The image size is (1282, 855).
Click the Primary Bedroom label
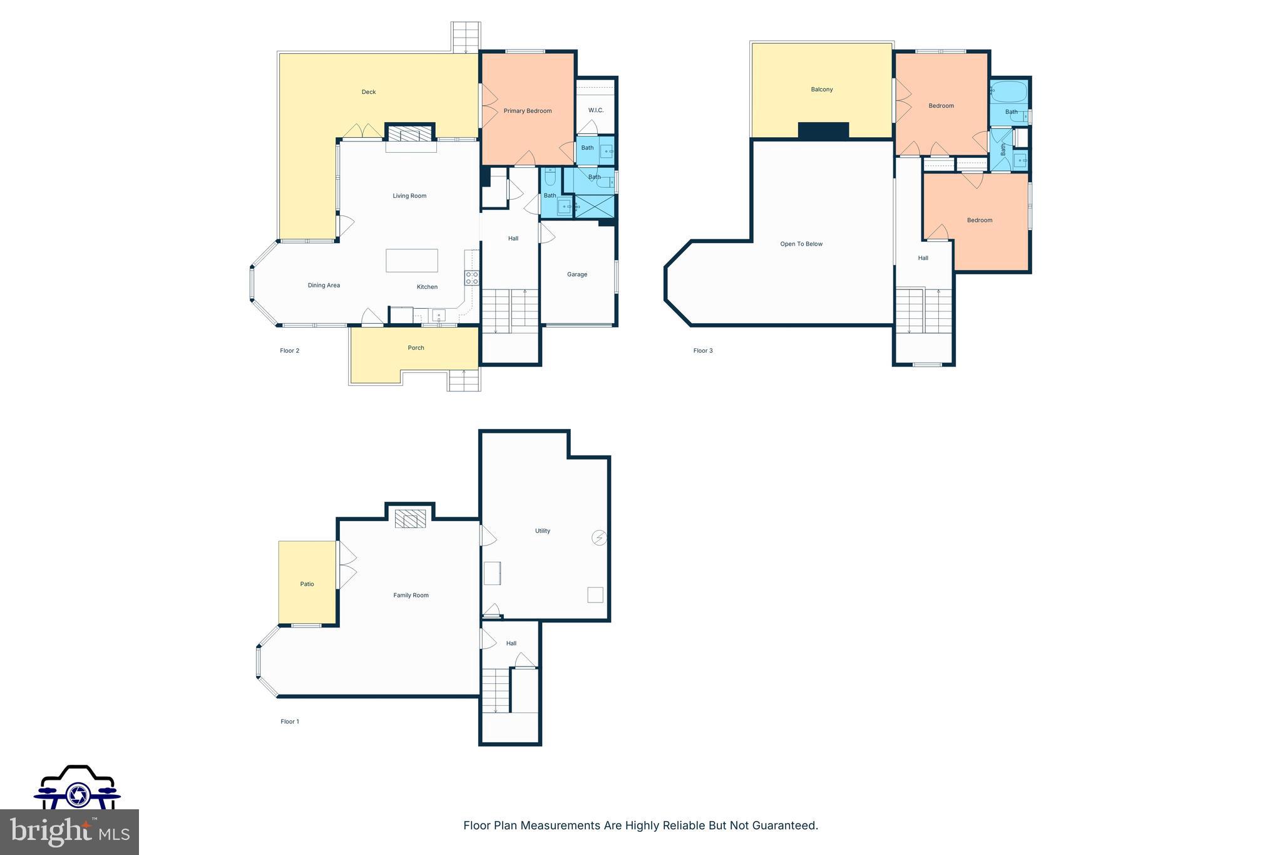(528, 111)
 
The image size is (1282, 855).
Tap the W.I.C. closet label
(596, 110)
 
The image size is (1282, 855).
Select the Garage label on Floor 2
(577, 274)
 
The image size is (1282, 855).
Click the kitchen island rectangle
(411, 260)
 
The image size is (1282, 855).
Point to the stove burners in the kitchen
(472, 278)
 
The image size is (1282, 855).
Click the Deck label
(369, 92)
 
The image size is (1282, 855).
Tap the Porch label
(416, 348)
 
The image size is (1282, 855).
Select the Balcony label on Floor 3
(822, 90)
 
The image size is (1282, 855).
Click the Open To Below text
(801, 244)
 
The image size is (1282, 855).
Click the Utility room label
(543, 531)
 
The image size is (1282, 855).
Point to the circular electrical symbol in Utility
(600, 537)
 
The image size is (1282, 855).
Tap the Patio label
(307, 584)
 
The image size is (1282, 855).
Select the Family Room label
(411, 595)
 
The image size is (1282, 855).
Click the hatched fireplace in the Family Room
(411, 519)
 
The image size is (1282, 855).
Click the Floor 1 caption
(290, 722)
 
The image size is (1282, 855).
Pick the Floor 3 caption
(703, 351)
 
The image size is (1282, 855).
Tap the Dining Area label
(324, 286)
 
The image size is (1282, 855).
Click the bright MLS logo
(69, 832)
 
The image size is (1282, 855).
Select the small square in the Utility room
(595, 594)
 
